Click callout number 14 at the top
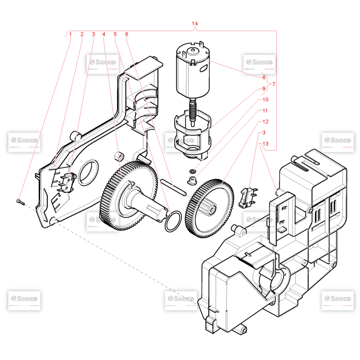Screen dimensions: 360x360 pyautogui.click(x=194, y=24)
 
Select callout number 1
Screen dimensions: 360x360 pyautogui.click(x=70, y=34)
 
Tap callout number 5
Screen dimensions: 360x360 pyautogui.click(x=115, y=34)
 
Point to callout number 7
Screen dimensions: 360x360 pyautogui.click(x=274, y=84)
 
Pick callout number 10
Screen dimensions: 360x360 pyautogui.click(x=265, y=99)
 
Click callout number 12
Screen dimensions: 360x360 pyautogui.click(x=265, y=121)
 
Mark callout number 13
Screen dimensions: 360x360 pyautogui.click(x=265, y=144)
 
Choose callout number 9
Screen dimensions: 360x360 pyautogui.click(x=264, y=88)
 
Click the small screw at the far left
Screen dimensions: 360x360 pyautogui.click(x=20, y=202)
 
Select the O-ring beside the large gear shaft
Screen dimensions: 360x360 pyautogui.click(x=173, y=221)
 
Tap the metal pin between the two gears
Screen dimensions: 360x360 pyautogui.click(x=174, y=187)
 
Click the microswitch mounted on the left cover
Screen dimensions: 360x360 pyautogui.click(x=67, y=183)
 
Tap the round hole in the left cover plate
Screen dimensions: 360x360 pyautogui.click(x=88, y=172)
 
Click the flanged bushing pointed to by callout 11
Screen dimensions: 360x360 pyautogui.click(x=192, y=180)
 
